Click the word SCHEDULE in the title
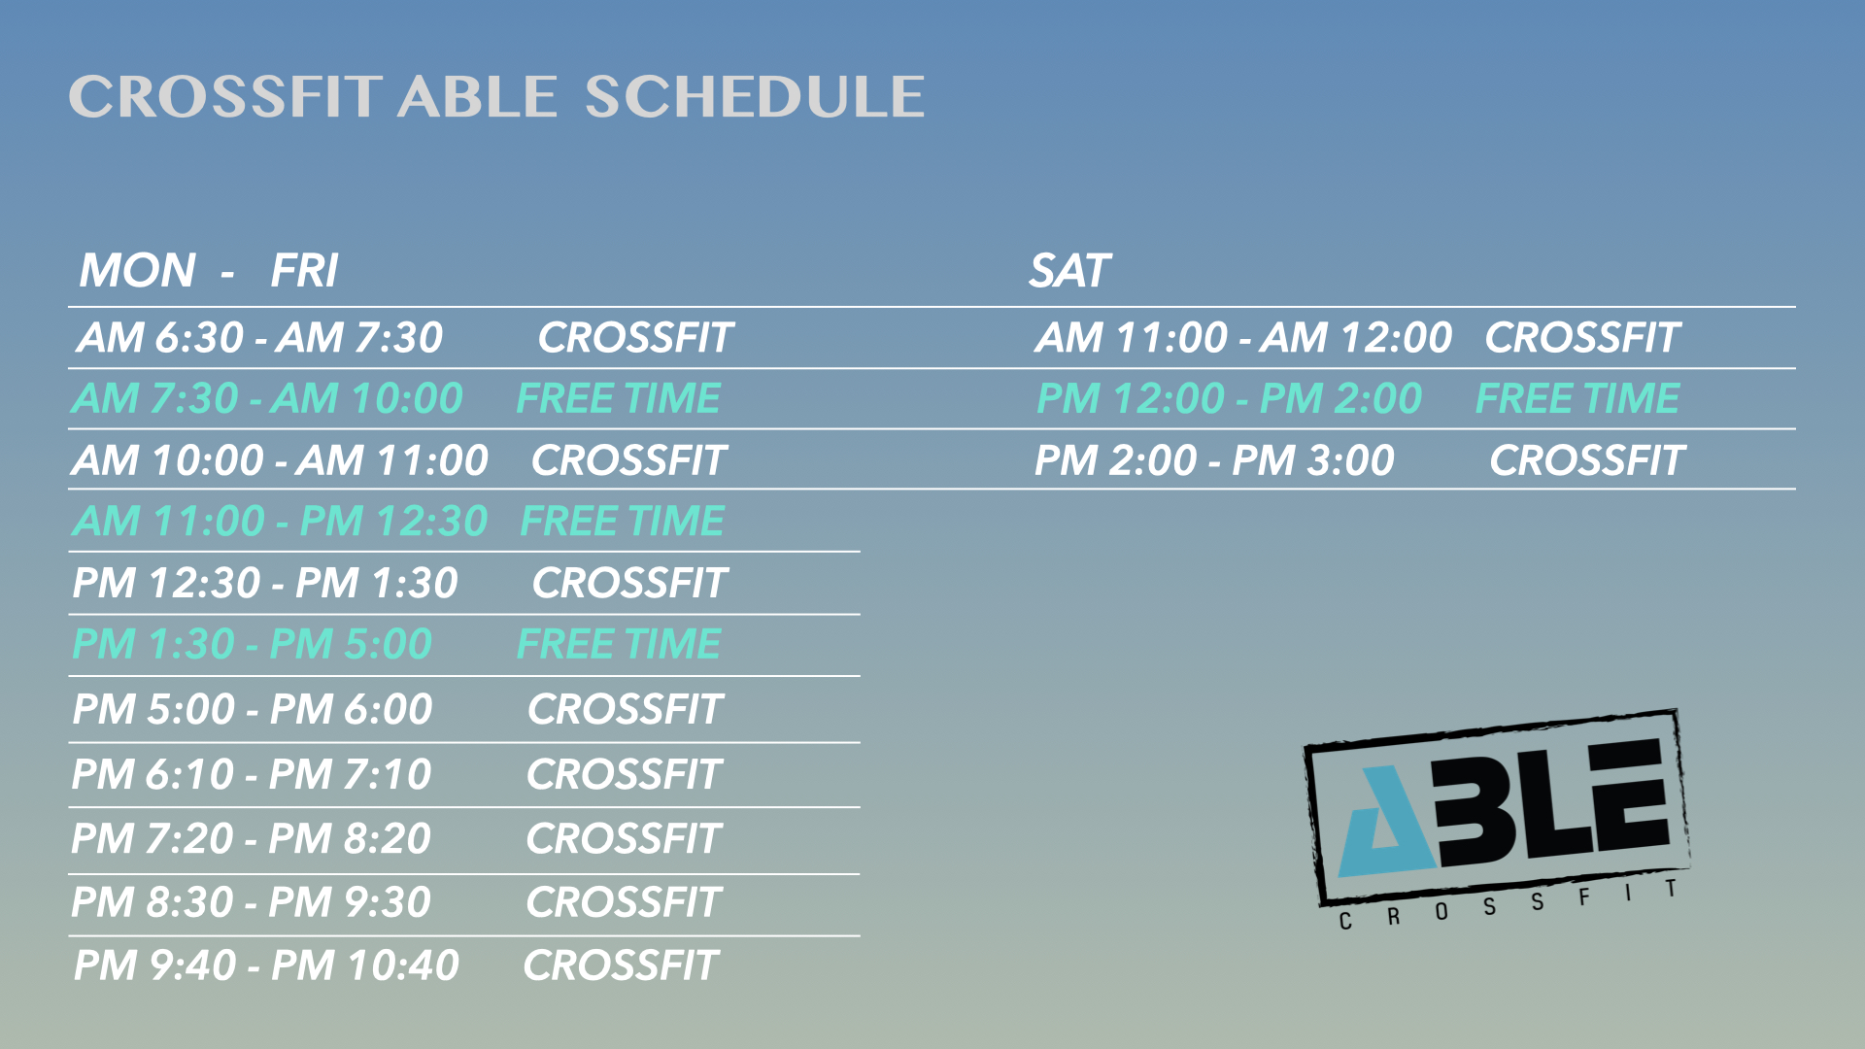tap(755, 97)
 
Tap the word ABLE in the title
tap(477, 97)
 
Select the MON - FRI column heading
tap(209, 270)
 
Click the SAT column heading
tap(1069, 270)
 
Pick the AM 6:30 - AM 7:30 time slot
tap(259, 337)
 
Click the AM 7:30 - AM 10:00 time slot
tap(267, 398)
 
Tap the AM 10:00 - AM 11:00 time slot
tap(280, 459)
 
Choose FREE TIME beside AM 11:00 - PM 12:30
tap(623, 521)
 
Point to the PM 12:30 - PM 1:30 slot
tap(265, 583)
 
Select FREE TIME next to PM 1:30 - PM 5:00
tap(619, 644)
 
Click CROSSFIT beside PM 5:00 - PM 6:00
tap(626, 709)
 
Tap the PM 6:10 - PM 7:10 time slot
tap(252, 774)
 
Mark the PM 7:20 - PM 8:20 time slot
tap(251, 838)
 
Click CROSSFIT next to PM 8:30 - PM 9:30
tap(624, 902)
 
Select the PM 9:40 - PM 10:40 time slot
tap(266, 965)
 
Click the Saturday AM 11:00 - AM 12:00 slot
tap(1243, 337)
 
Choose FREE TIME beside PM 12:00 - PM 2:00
tap(1577, 398)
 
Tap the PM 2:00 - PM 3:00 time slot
tap(1214, 459)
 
